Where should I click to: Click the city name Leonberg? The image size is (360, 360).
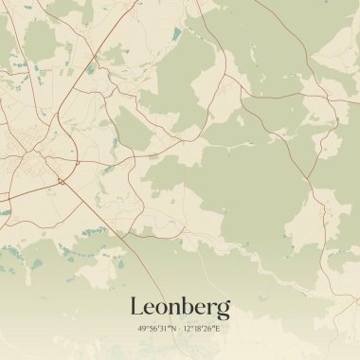180,307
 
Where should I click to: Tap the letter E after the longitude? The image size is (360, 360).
218,328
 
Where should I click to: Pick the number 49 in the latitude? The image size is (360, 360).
142,328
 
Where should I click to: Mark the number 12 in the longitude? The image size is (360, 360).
188,328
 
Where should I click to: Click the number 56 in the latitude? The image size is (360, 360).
153,328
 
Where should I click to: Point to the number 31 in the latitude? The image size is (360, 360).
163,328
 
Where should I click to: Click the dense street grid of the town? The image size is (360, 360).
24,152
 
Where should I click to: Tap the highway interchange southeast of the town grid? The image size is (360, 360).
62,180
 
